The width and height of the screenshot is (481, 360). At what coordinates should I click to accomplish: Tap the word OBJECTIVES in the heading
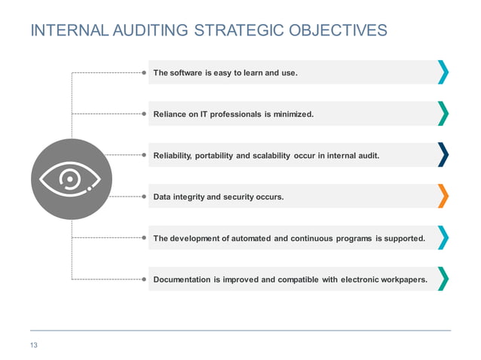coord(335,31)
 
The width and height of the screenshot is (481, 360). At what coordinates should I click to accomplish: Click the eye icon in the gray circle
coord(71,178)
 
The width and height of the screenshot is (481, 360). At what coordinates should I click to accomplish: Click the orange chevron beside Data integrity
coord(443,196)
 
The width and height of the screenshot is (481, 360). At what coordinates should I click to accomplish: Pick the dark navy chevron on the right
coord(443,155)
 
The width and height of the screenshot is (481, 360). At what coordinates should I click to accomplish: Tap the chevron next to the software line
coord(443,72)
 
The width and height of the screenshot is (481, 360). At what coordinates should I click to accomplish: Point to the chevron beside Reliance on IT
coord(443,114)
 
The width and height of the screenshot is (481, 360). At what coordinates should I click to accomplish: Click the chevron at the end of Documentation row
coord(443,279)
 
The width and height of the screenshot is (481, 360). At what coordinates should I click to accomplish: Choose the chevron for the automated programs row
coord(443,237)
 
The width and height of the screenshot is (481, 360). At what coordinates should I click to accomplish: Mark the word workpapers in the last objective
coord(401,280)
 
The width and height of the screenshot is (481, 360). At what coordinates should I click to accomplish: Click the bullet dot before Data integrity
coord(144,197)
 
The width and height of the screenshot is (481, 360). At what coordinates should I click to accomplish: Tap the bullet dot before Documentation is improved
coord(144,279)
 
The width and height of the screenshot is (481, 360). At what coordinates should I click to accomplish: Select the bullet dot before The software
coord(144,73)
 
